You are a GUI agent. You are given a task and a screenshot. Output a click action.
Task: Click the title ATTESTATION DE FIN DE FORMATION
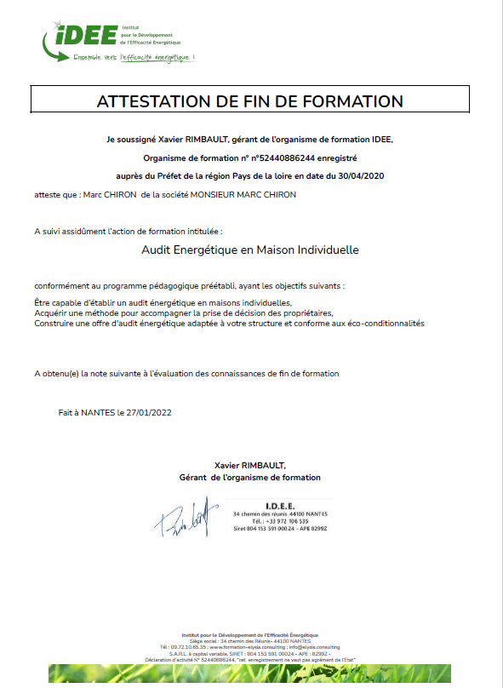[250, 100]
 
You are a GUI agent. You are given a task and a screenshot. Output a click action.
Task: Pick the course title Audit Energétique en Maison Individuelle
[250, 250]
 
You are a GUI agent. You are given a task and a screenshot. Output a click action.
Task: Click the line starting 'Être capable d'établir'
[163, 304]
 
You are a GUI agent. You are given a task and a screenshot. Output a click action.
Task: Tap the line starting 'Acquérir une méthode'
[183, 313]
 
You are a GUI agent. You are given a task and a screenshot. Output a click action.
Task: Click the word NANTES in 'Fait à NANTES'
[94, 412]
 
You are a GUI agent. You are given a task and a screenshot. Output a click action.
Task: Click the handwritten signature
[186, 517]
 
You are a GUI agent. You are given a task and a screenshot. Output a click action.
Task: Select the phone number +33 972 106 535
[283, 522]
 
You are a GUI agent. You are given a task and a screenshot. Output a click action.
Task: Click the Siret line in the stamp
[279, 529]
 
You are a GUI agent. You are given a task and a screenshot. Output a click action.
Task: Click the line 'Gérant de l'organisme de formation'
[250, 478]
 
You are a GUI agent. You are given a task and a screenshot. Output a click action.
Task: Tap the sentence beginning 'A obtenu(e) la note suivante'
[186, 373]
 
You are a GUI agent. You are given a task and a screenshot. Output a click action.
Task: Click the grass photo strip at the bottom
[250, 675]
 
